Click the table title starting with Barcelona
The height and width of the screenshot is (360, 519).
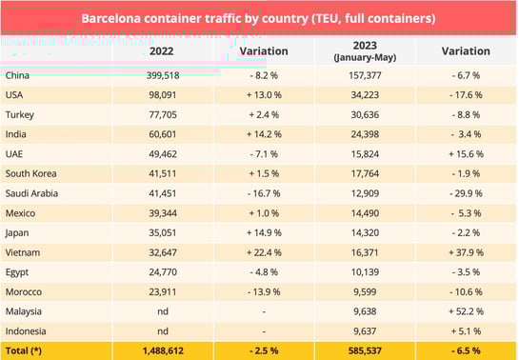click(x=259, y=18)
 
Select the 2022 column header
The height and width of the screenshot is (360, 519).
click(x=161, y=50)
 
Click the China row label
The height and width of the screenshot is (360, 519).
click(x=18, y=75)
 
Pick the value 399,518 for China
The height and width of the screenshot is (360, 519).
click(x=161, y=75)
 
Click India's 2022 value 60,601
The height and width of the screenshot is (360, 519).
click(x=161, y=133)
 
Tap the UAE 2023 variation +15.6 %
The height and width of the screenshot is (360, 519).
click(x=466, y=152)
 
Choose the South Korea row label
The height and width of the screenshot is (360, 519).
click(x=31, y=172)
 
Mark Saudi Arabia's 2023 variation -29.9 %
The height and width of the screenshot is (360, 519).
click(x=466, y=191)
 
